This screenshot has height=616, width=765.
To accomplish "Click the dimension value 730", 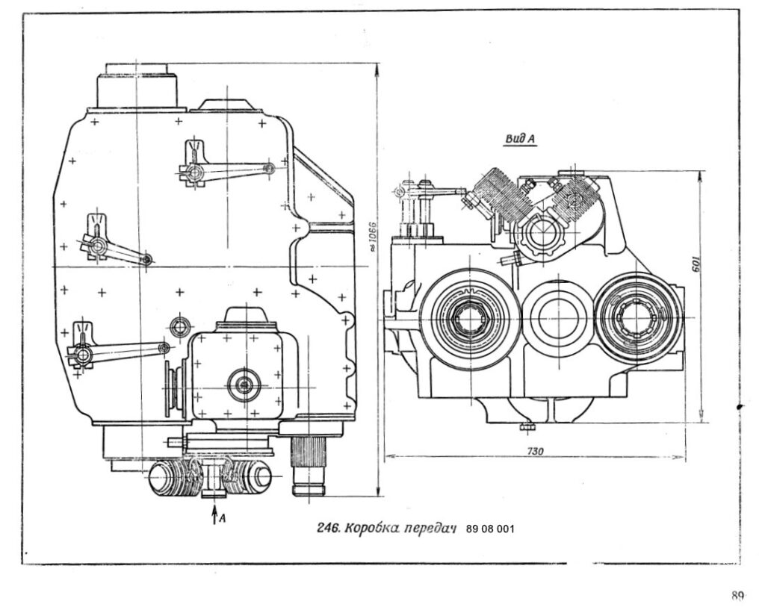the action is tap(535, 452).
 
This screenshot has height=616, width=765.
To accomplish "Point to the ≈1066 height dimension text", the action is tap(373, 237).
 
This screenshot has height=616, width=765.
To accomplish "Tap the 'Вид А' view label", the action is tap(521, 139).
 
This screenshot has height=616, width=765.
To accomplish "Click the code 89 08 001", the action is tap(490, 529).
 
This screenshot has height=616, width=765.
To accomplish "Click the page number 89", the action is tap(737, 596).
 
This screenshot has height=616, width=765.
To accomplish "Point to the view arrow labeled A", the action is tap(214, 514).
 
